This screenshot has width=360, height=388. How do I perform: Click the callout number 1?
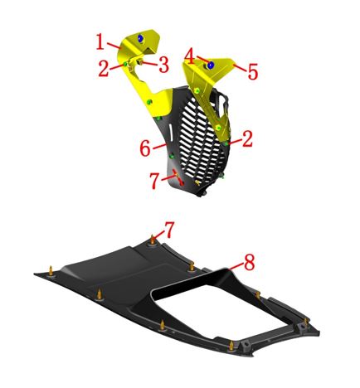click(x=100, y=41)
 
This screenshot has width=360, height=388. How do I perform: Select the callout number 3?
click(x=163, y=65)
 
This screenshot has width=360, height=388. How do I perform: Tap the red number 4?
click(x=190, y=56)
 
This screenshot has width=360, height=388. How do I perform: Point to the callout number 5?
click(x=253, y=71)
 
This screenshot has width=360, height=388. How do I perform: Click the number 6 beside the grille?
click(x=145, y=148)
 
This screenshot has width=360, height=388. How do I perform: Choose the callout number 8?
click(x=250, y=262)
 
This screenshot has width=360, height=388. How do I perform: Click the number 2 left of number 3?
click(x=104, y=69)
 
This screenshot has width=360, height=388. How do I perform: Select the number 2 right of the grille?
click(x=247, y=139)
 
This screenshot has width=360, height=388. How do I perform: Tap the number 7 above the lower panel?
click(x=169, y=230)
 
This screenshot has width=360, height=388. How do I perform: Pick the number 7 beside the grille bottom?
click(x=155, y=181)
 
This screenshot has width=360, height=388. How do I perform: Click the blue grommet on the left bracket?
click(x=141, y=39)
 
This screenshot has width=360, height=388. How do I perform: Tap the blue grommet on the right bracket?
click(x=211, y=65)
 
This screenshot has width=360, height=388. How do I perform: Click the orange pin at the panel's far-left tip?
click(x=51, y=270)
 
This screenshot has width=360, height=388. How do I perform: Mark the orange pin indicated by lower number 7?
click(x=152, y=239)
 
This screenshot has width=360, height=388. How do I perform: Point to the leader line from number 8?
click(x=236, y=265)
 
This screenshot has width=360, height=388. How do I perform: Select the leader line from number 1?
click(x=114, y=46)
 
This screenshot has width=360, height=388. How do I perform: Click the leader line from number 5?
click(x=240, y=68)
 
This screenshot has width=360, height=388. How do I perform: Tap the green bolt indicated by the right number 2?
click(x=226, y=143)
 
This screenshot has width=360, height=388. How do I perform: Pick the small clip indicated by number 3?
click(x=141, y=62)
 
